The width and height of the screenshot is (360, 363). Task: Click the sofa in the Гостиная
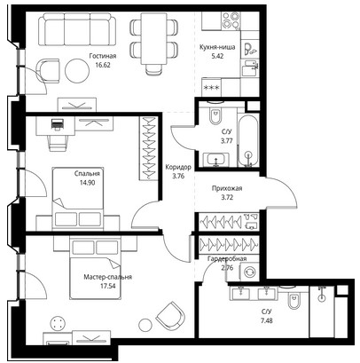[77, 29]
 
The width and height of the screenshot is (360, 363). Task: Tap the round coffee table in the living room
[77, 70]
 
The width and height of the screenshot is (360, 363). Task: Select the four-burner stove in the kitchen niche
[231, 20]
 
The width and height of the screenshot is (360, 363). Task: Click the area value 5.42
[217, 56]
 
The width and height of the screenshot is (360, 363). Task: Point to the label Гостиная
[103, 56]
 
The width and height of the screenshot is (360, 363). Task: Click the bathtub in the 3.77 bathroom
[249, 140]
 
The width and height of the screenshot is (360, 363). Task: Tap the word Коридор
[178, 167]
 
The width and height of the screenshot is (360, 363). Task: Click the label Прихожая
[227, 188]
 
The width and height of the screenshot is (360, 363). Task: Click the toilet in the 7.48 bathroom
[293, 298]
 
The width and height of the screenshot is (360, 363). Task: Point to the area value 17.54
[107, 286]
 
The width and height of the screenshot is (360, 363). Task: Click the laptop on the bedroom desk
[58, 123]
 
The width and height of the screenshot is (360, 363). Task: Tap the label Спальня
[87, 174]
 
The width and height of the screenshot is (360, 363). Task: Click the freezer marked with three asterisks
[211, 87]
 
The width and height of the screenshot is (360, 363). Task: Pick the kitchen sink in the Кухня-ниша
[250, 67]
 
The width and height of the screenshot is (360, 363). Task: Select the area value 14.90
[87, 183]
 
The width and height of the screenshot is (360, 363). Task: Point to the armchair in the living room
[48, 70]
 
